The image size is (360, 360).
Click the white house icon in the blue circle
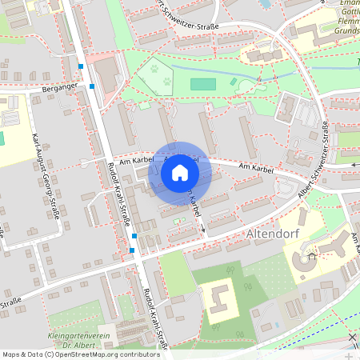tap(180, 172)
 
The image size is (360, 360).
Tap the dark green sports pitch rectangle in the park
tap(203, 84)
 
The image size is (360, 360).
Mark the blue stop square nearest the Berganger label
tap(93, 86)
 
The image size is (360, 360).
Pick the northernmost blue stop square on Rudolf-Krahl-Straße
tap(82, 66)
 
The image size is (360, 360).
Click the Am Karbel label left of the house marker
tap(135, 161)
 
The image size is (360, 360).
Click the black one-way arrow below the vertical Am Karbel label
tap(203, 230)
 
